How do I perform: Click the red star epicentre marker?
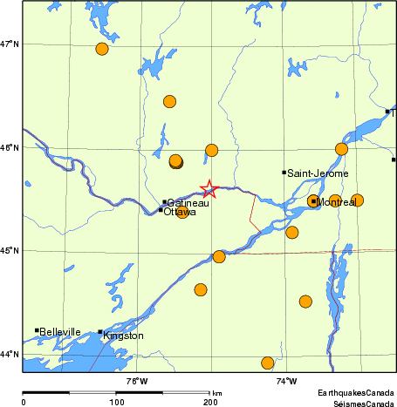pos(209,189)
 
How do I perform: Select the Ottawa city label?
pos(180,212)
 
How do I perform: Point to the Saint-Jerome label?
pos(318,173)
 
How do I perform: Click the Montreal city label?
pos(337,202)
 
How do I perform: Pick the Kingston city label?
pos(123,336)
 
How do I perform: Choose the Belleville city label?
pos(60,332)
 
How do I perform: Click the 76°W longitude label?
pos(136,381)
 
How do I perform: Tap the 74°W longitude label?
pos(286,381)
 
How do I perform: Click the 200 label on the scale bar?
pos(210,402)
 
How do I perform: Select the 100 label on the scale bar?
pos(116,402)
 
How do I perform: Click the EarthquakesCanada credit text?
pos(356,394)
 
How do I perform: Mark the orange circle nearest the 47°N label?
pos(102,49)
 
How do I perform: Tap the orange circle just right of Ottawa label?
pos(182,211)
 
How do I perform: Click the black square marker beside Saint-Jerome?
pos(284,173)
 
